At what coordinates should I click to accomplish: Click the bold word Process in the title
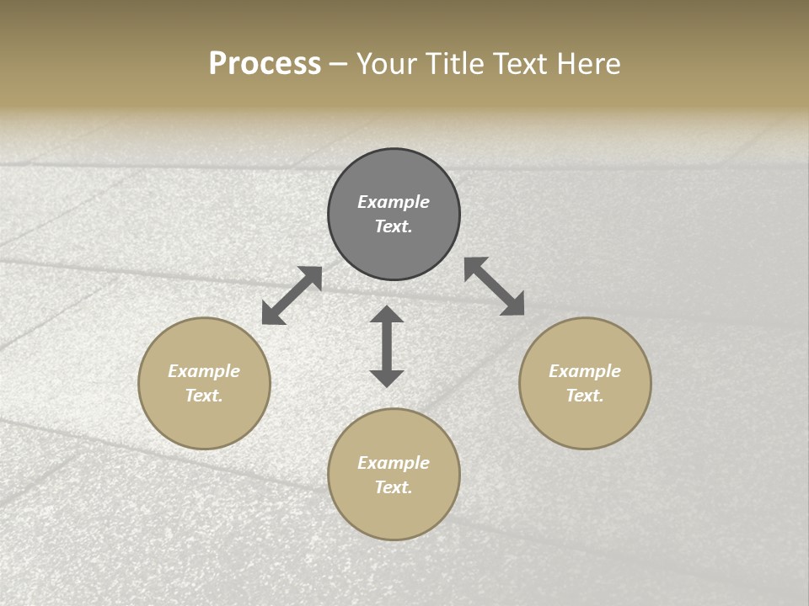pyautogui.click(x=265, y=64)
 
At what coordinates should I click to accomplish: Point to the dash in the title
pyautogui.click(x=339, y=64)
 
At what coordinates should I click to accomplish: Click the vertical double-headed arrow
pyautogui.click(x=387, y=346)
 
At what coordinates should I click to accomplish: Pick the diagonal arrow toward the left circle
pyautogui.click(x=292, y=295)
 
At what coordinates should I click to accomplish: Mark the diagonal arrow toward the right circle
pyautogui.click(x=495, y=286)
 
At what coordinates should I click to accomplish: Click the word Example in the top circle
pyautogui.click(x=394, y=202)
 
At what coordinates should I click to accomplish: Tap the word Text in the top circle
pyautogui.click(x=394, y=226)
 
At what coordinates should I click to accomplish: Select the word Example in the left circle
pyautogui.click(x=204, y=371)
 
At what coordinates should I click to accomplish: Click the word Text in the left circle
pyautogui.click(x=204, y=396)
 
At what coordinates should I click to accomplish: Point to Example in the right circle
pyautogui.click(x=585, y=371)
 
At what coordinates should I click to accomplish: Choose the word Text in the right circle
pyautogui.click(x=585, y=396)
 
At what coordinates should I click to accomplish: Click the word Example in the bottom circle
pyautogui.click(x=394, y=463)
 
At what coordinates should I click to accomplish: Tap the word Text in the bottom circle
pyautogui.click(x=394, y=487)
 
